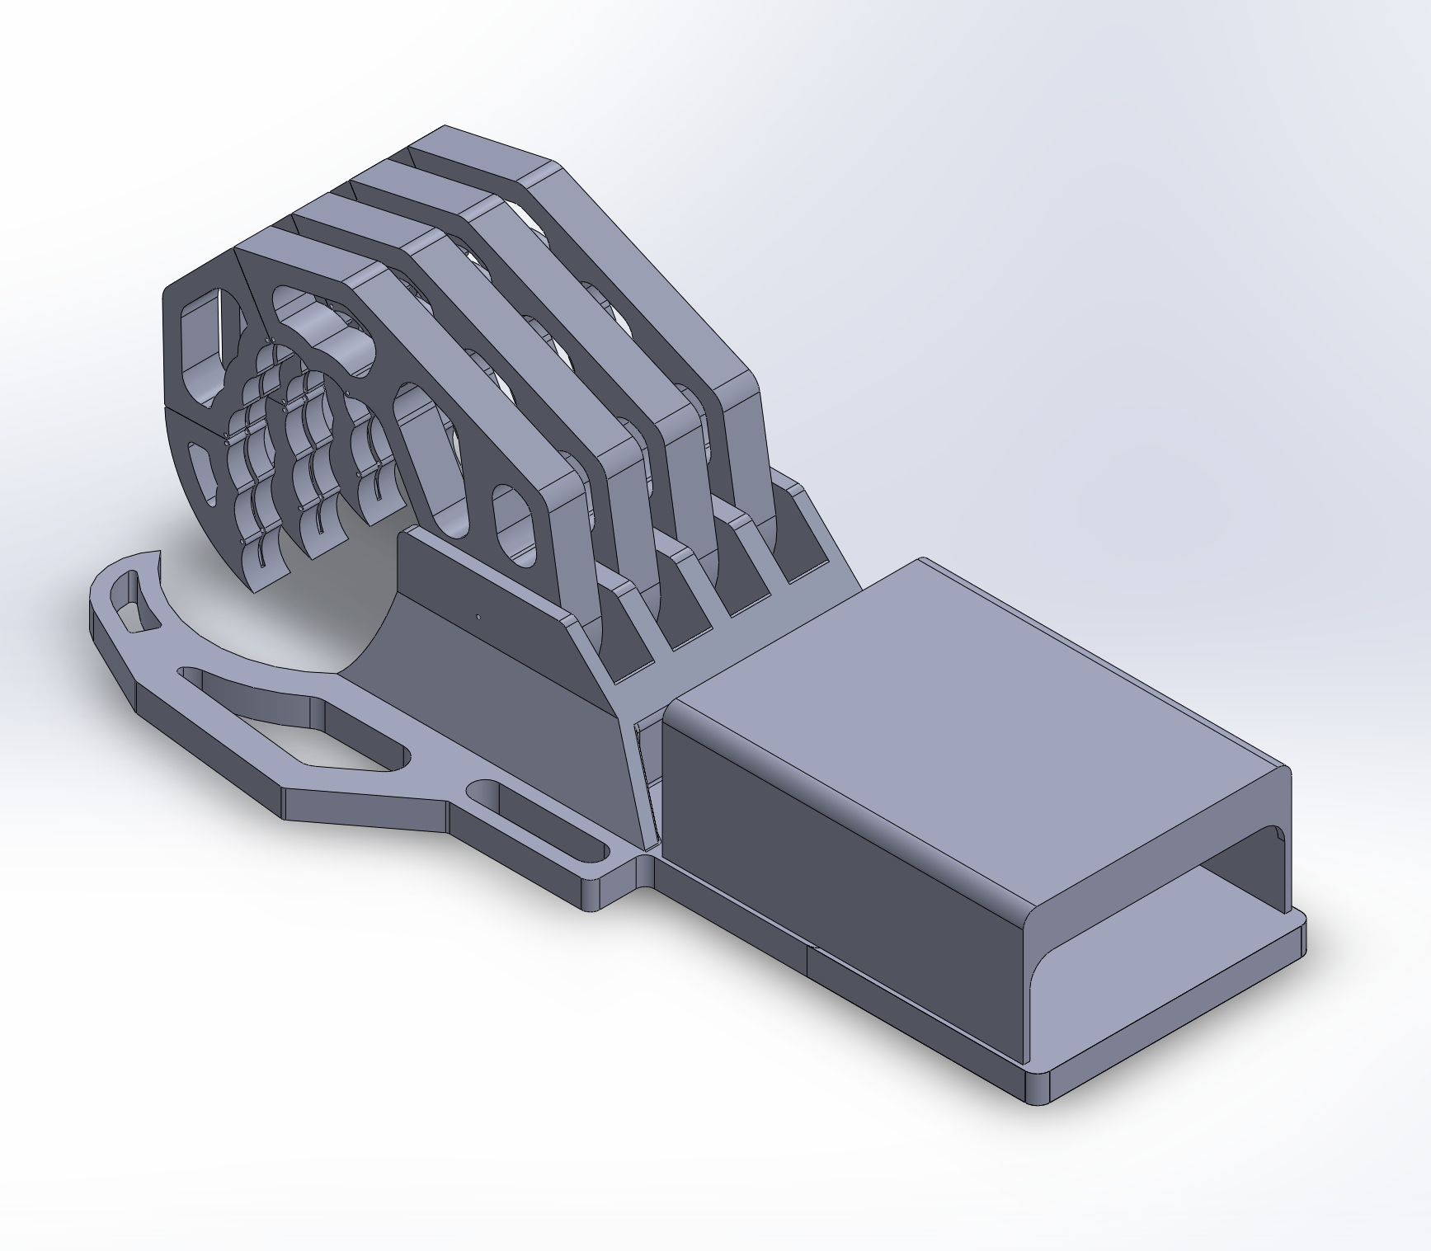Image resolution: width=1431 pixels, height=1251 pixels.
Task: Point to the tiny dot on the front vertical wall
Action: tap(479, 614)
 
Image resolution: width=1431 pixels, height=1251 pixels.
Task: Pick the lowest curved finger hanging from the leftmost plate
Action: tap(264, 569)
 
